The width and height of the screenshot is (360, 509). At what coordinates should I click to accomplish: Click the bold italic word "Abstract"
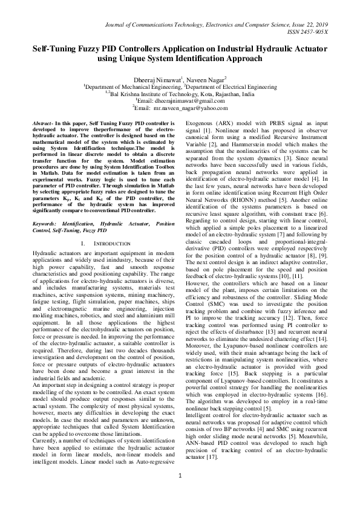coord(45,123)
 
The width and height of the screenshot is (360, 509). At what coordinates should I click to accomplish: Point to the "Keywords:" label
coord(48,207)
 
